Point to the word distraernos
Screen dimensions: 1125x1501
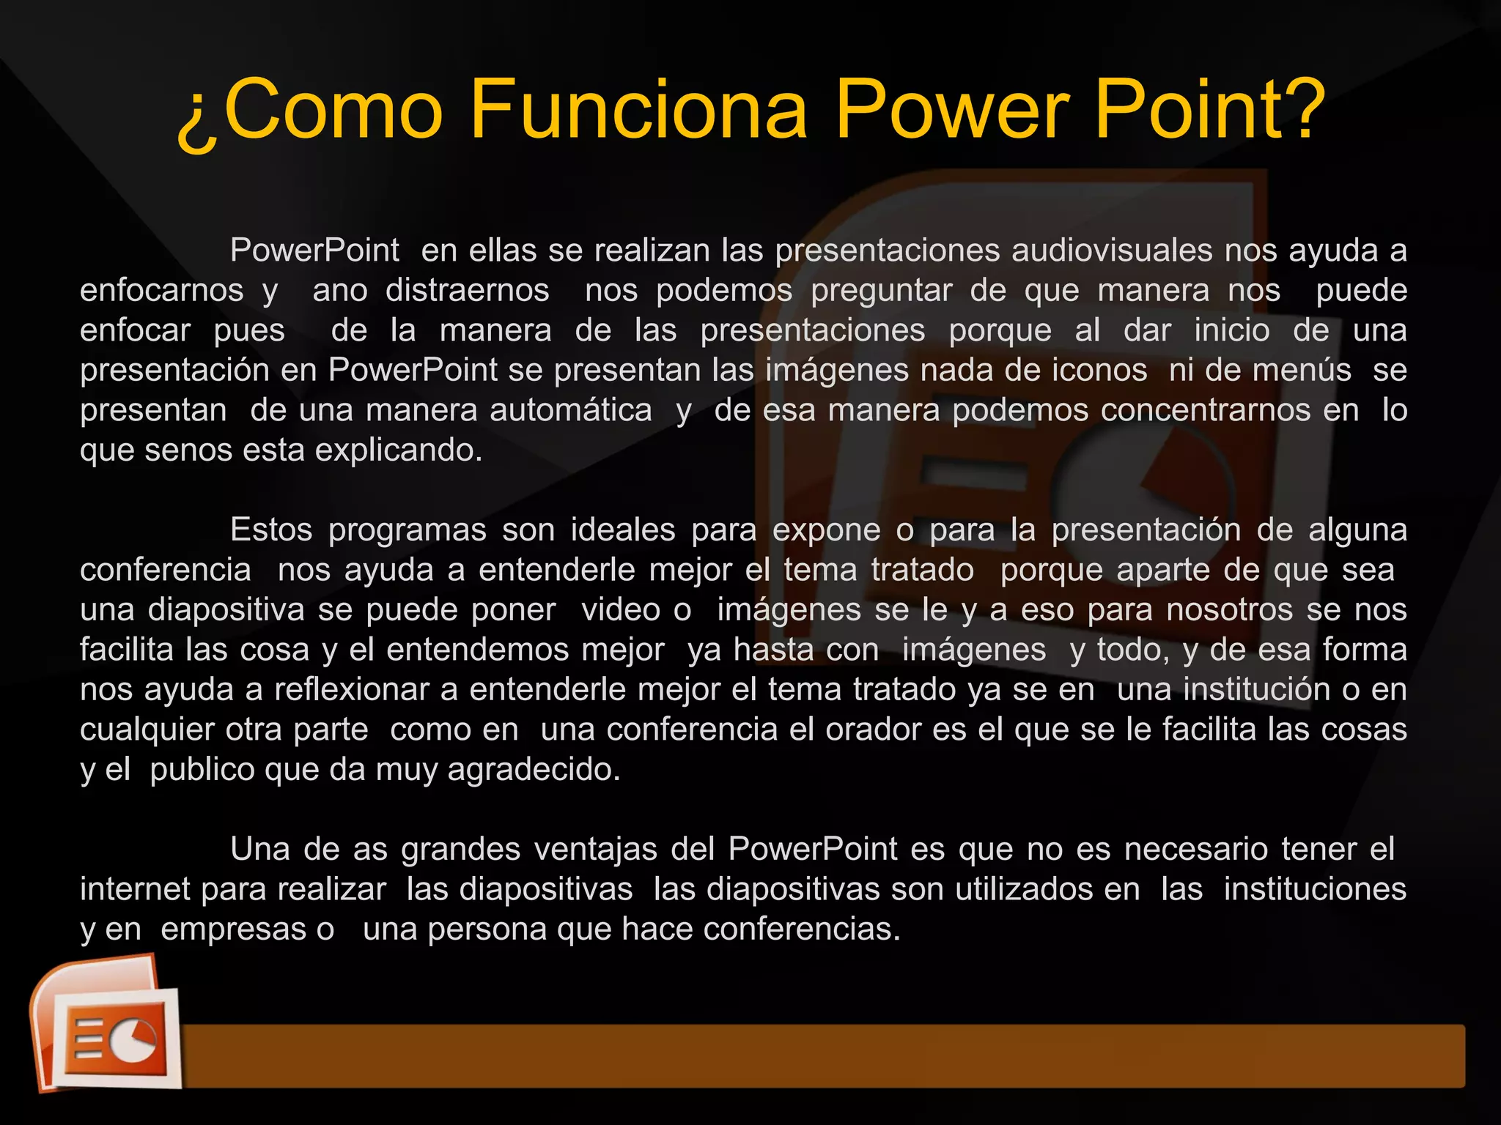click(x=468, y=291)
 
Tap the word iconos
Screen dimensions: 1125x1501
click(x=1099, y=370)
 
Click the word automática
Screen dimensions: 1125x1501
click(x=571, y=410)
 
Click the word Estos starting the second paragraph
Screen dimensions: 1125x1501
click(x=271, y=530)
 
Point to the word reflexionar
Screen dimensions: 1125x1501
click(x=352, y=690)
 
